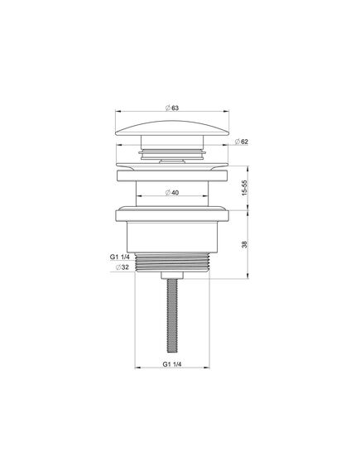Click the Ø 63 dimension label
pos(172,108)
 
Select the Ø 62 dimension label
pos(242,142)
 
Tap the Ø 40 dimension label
pos(172,193)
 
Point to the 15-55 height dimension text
pos(245,188)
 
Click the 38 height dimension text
pos(245,244)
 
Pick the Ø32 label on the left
pos(122,267)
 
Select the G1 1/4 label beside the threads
pos(119,257)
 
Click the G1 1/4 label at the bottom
pos(172,364)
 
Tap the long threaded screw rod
pos(172,315)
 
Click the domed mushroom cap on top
pos(172,129)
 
